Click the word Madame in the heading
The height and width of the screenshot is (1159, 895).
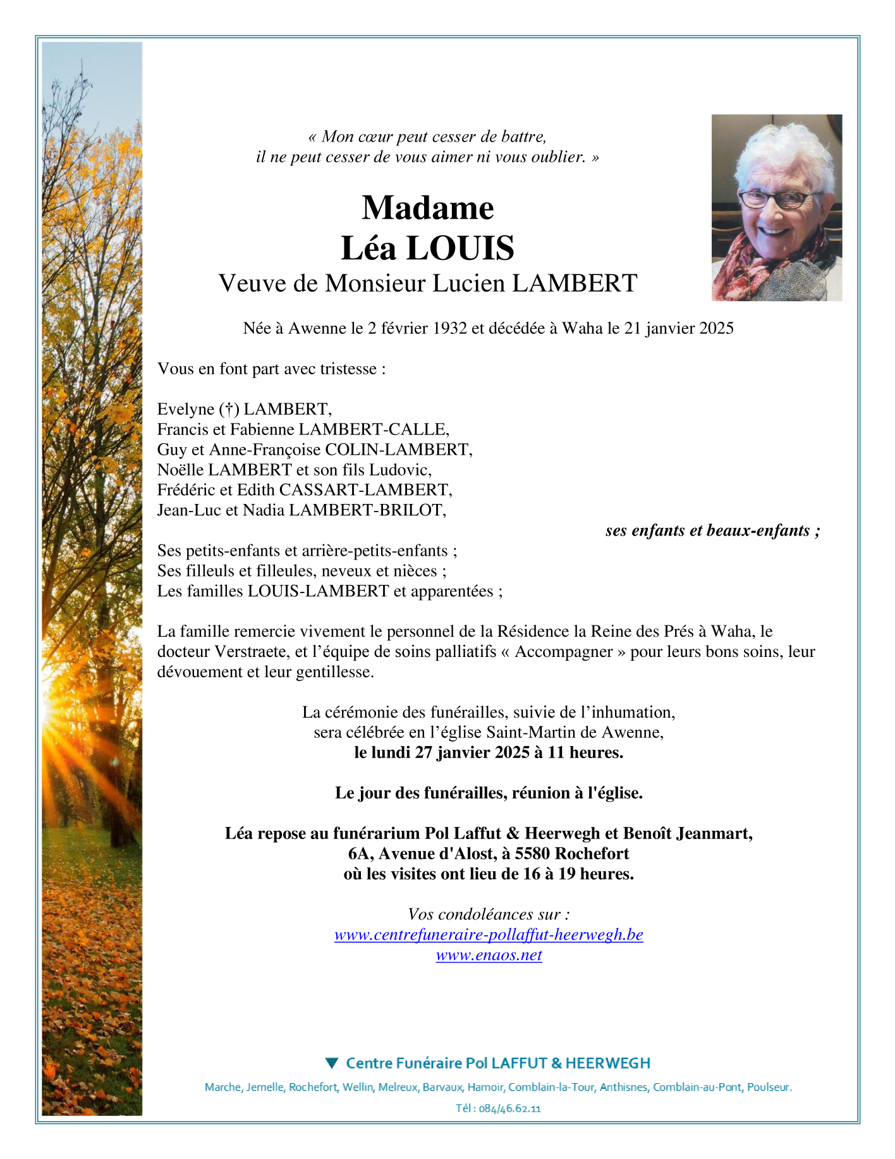click(x=427, y=208)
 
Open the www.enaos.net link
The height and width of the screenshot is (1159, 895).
click(x=489, y=955)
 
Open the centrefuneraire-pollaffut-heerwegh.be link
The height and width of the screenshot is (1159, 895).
click(x=489, y=935)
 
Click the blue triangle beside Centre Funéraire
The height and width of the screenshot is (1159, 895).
click(x=331, y=1064)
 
